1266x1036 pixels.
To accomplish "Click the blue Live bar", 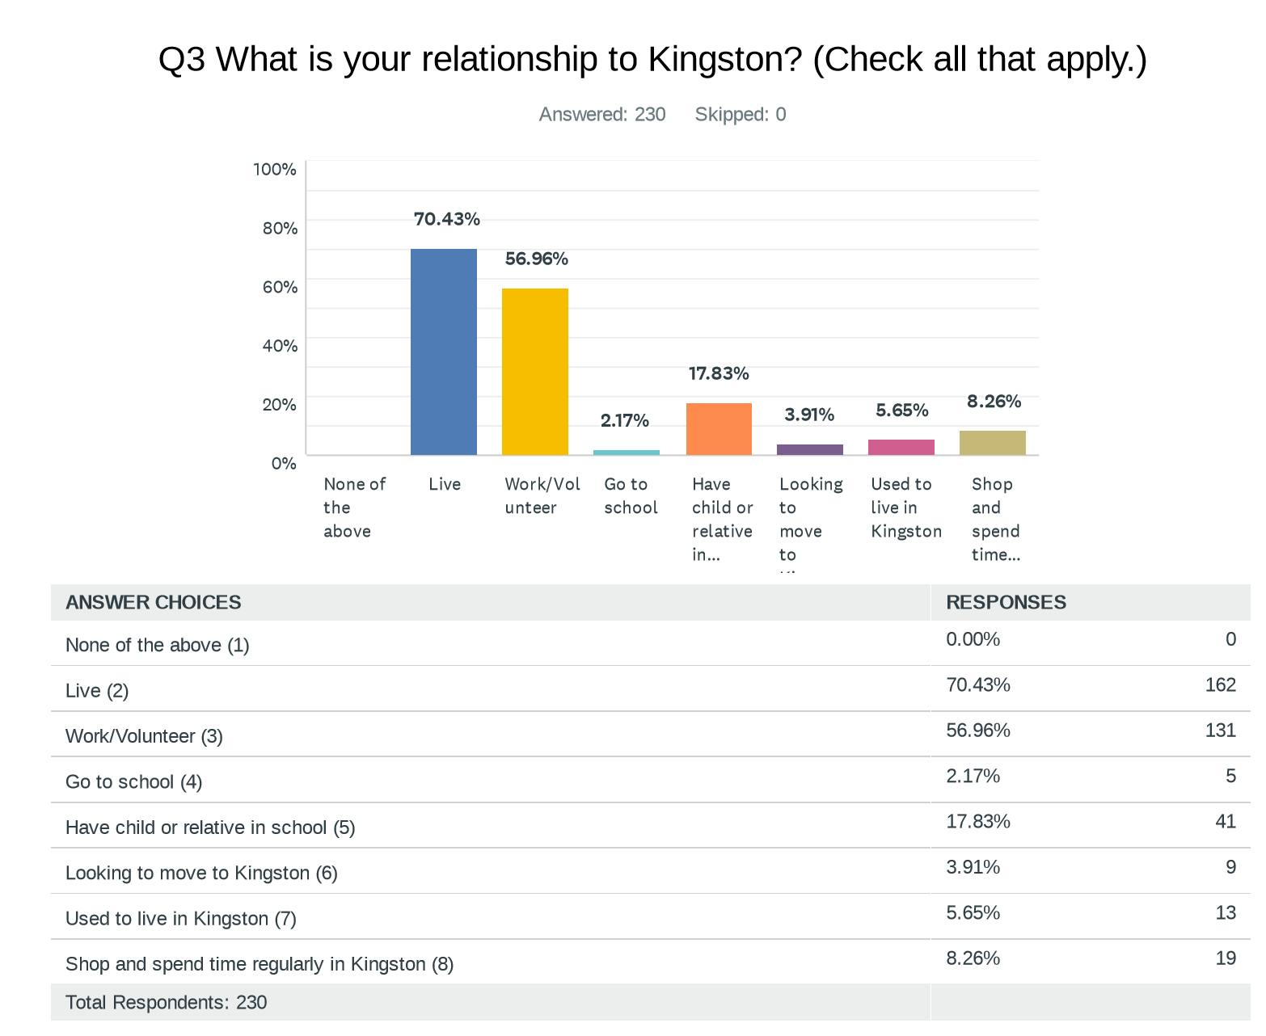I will point(443,352).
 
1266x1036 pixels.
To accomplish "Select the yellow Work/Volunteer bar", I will point(534,371).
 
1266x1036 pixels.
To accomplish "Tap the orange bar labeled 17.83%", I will point(718,428).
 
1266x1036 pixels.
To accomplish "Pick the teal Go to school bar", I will point(626,453).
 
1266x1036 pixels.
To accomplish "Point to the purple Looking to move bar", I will point(809,449).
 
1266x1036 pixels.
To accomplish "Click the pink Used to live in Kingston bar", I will point(901,447).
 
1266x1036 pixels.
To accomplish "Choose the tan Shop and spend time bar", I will point(992,443).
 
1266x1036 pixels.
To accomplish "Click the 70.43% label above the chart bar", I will point(446,219).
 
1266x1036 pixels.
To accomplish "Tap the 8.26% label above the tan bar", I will point(994,402).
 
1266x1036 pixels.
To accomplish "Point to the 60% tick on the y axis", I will point(279,287).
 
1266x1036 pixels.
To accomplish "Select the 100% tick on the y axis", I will point(275,170).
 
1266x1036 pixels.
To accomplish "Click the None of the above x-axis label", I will point(353,507).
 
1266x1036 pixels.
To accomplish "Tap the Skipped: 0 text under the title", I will point(740,115).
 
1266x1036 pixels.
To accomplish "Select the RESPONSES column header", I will point(1006,603).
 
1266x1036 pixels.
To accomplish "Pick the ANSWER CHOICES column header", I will point(153,603).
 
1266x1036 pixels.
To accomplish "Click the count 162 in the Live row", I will point(1220,685).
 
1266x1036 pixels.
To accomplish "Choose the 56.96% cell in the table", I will point(977,731).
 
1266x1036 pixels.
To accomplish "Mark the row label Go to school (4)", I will point(133,782).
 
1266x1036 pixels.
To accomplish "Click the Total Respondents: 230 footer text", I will point(166,1003).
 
